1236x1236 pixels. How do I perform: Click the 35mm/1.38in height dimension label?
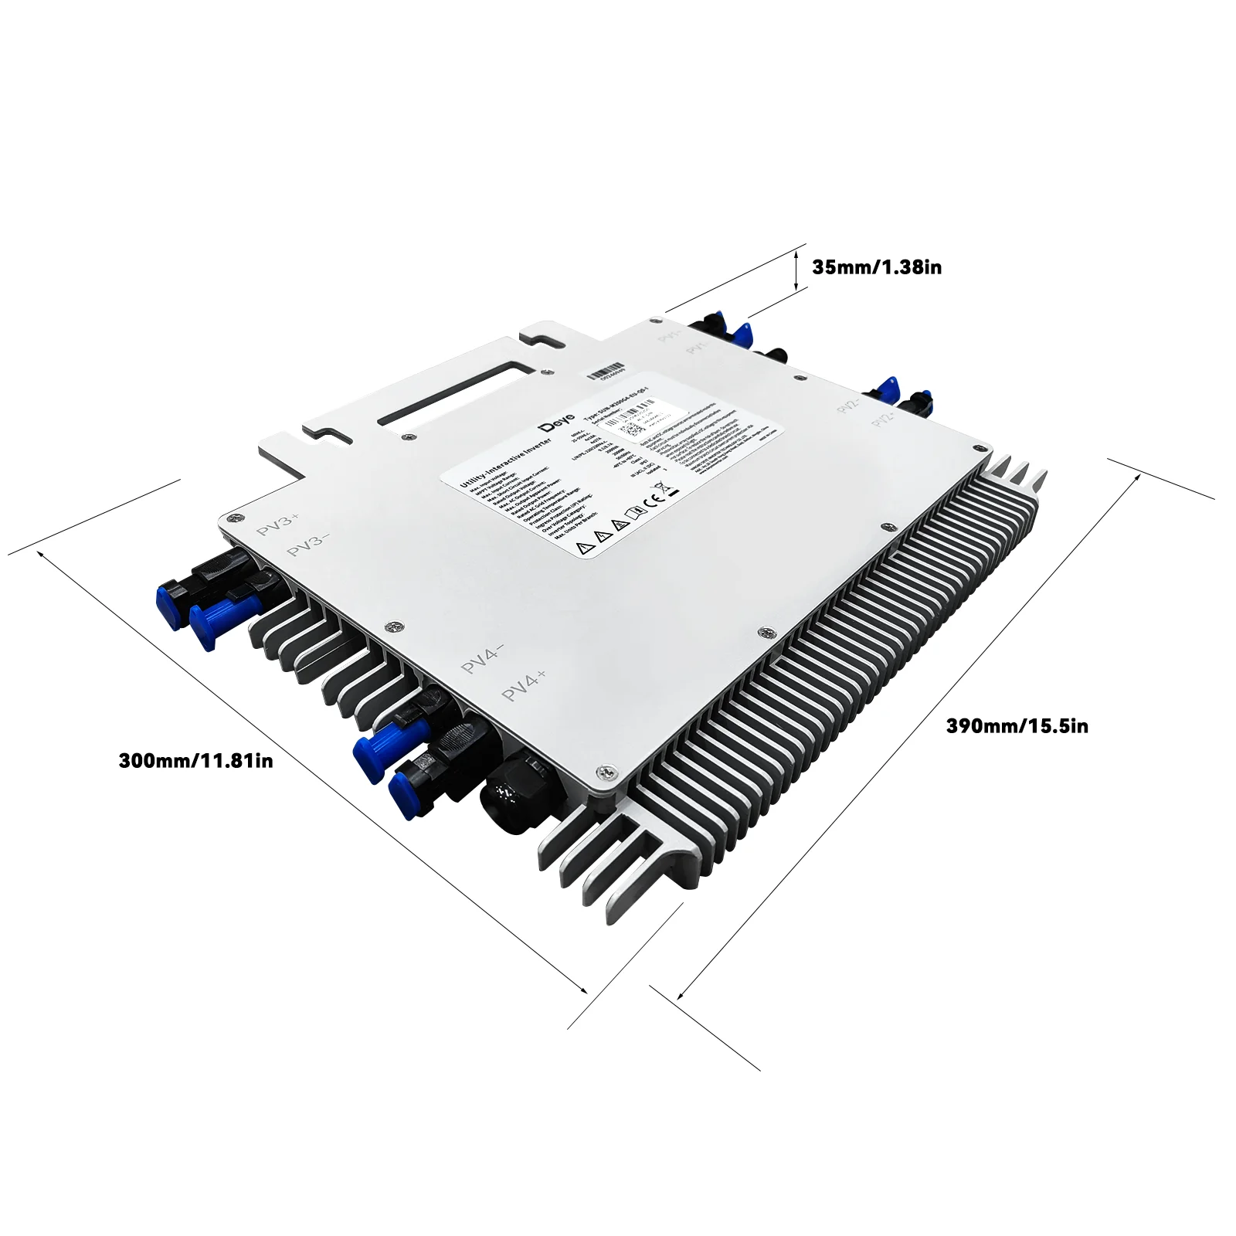tap(876, 267)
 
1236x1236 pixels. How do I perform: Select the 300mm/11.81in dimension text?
tap(195, 761)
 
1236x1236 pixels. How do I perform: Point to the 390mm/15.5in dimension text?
tap(1017, 726)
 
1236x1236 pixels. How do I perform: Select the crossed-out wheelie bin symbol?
tap(660, 488)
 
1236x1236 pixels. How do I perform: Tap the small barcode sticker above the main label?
tap(605, 373)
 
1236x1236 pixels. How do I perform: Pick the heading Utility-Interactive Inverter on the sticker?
tap(505, 463)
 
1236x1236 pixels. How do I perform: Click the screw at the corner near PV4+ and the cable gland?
tap(610, 771)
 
